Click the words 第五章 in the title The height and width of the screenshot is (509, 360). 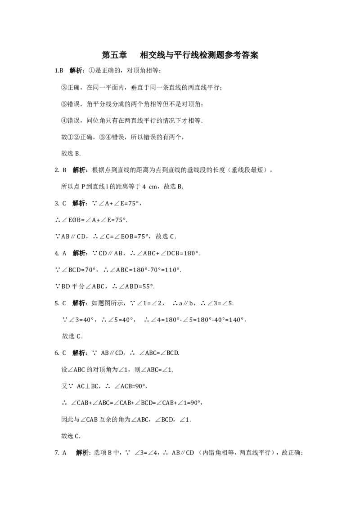click(114, 55)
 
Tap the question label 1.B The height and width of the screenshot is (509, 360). click(59, 71)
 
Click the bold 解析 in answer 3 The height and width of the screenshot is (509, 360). click(79, 203)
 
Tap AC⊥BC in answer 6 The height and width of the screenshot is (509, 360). click(88, 386)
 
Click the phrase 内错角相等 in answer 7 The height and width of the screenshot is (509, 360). click(218, 453)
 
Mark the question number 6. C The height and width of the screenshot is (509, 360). click(60, 353)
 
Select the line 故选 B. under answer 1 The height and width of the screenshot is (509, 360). click(71, 153)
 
